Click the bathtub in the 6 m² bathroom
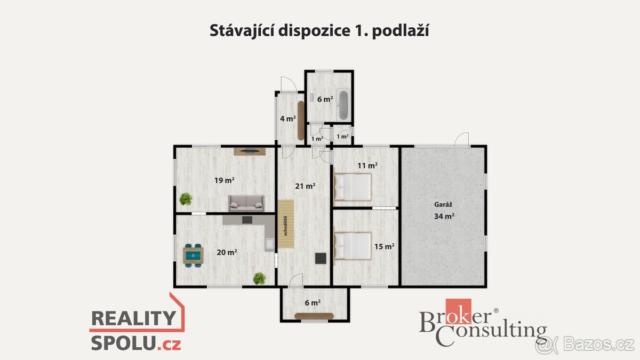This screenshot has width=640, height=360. [343, 105]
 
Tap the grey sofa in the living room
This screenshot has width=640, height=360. [246, 202]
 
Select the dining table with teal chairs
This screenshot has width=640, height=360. [193, 254]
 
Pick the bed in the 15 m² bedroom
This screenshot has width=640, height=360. [353, 246]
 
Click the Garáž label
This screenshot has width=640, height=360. [443, 204]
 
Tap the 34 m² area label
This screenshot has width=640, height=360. [443, 216]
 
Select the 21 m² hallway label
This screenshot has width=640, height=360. [305, 186]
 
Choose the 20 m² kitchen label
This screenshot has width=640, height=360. [227, 252]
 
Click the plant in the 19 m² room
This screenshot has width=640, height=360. [186, 199]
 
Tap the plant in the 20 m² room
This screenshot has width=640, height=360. [259, 278]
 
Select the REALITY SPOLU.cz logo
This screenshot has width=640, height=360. [136, 330]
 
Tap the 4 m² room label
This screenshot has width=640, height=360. [288, 118]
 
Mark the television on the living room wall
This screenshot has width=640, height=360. [250, 150]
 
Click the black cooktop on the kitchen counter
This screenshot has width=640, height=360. [247, 219]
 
